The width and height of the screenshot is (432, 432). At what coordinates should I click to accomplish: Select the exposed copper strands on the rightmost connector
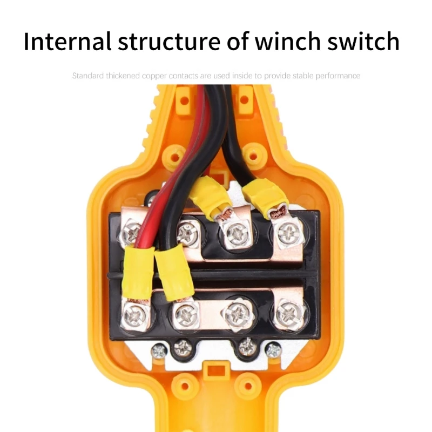pos(280,212)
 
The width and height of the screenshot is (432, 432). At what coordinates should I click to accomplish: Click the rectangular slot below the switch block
pos(216,371)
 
